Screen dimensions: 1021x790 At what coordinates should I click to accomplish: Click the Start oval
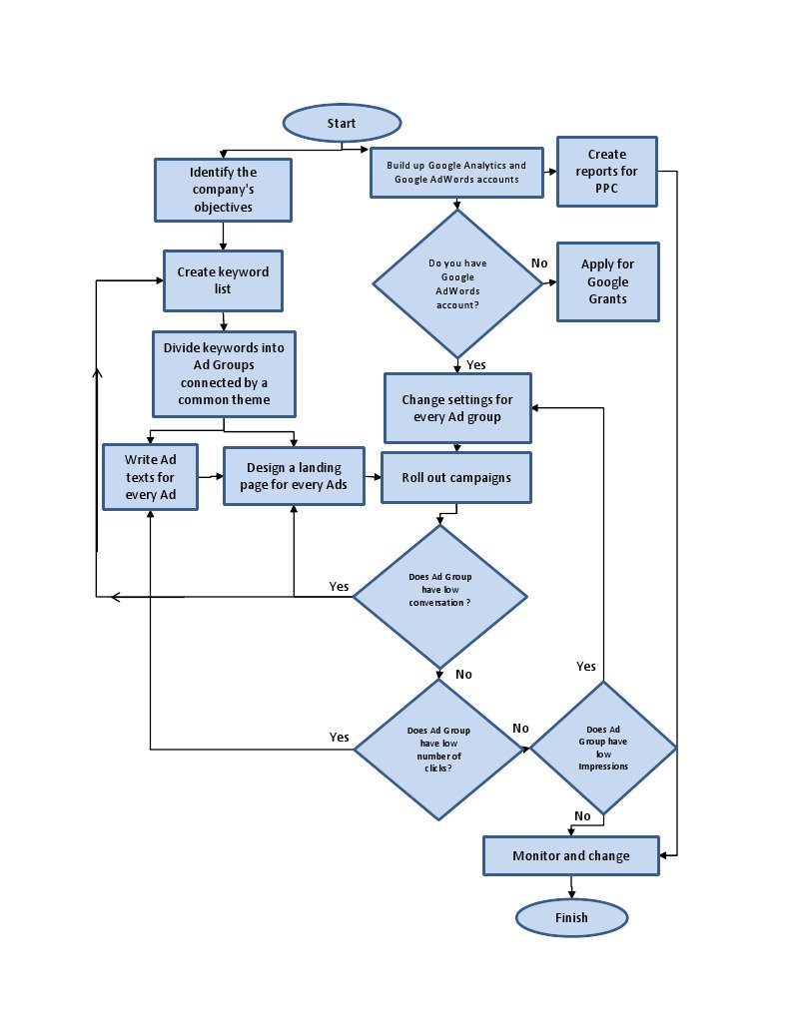tap(342, 123)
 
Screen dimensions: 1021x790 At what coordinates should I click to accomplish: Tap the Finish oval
tap(571, 917)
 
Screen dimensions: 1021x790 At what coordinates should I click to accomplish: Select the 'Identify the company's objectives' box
tap(224, 190)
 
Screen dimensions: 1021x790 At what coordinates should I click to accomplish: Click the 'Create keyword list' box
tap(223, 279)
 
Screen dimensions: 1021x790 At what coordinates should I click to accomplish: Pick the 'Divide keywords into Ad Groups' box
tap(224, 373)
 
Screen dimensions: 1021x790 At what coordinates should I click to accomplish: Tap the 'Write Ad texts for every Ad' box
tap(150, 477)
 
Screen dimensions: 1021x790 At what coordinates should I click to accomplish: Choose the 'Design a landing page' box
tap(295, 476)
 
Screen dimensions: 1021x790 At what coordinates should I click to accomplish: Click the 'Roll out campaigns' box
tap(456, 477)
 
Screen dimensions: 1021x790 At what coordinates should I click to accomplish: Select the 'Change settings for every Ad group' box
tap(457, 408)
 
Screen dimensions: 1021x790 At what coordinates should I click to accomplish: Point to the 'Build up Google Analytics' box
tap(456, 172)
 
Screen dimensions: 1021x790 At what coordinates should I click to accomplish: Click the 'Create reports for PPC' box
tap(607, 172)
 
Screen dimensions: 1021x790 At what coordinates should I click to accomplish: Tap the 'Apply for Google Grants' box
tap(607, 281)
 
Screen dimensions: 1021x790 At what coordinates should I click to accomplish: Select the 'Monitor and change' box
tap(571, 855)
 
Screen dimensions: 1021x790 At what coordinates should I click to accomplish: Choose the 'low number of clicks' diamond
tap(440, 749)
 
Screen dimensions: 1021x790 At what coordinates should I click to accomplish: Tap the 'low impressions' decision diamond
tap(603, 749)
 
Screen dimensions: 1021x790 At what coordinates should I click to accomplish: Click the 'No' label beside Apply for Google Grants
tap(539, 262)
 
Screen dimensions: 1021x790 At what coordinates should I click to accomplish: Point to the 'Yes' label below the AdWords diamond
tap(475, 364)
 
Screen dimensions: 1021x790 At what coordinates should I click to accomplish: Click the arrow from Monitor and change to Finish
tap(571, 886)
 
